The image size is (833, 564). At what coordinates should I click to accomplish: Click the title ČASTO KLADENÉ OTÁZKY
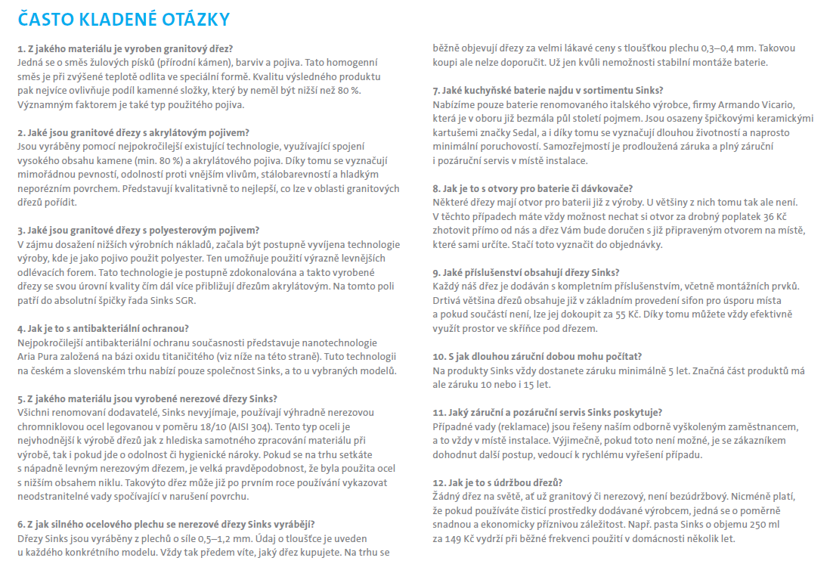coord(124,18)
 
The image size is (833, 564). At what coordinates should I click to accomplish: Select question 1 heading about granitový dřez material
coord(125,48)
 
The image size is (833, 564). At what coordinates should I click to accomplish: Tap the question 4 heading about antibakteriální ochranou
coord(103,329)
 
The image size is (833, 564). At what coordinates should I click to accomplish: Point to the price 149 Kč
coord(454,538)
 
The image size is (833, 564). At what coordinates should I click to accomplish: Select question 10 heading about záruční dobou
coord(537,356)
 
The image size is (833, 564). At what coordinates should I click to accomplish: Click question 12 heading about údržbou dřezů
coord(497,482)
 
